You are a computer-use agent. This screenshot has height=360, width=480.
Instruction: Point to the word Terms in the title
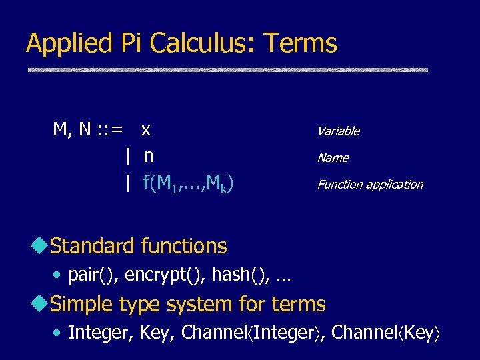coord(301,43)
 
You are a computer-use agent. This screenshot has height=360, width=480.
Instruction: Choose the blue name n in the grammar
coord(148,157)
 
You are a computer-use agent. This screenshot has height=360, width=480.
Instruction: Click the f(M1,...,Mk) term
coord(187,183)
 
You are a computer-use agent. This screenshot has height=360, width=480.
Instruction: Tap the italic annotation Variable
coord(338,131)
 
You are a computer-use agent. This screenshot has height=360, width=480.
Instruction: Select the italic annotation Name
coord(332,158)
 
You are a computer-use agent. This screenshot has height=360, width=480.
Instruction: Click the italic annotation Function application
coord(369,185)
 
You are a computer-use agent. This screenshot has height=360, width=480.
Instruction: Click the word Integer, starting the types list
coord(101,333)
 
